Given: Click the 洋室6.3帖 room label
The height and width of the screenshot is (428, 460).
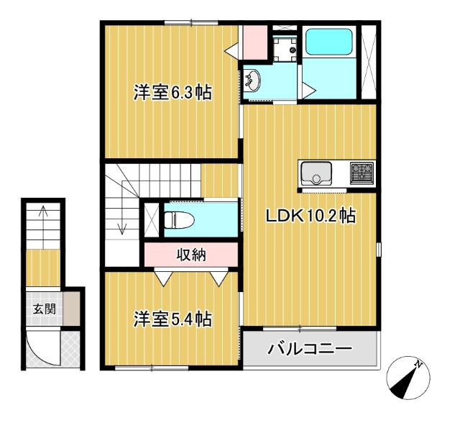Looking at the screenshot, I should pyautogui.click(x=172, y=93).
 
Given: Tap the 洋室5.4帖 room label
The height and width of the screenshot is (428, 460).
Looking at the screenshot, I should pyautogui.click(x=172, y=319).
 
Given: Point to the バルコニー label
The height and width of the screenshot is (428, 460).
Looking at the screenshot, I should pyautogui.click(x=310, y=350).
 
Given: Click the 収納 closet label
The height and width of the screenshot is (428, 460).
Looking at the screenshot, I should pyautogui.click(x=190, y=253).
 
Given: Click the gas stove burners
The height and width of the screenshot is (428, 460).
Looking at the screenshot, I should pyautogui.click(x=362, y=173).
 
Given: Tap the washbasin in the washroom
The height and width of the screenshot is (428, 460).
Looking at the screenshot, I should pyautogui.click(x=254, y=81).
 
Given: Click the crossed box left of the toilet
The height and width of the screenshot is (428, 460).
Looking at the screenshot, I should pyautogui.click(x=151, y=219).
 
